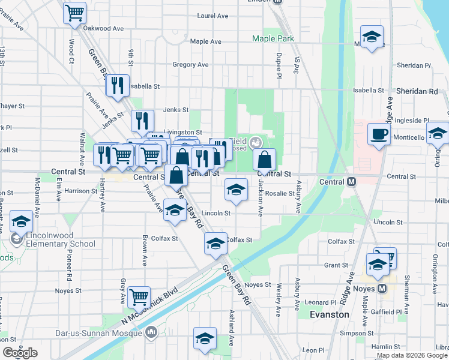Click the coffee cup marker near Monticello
[379, 134]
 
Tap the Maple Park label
[273, 38]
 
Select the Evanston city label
[329, 314]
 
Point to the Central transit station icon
[351, 182]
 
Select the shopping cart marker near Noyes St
[139, 296]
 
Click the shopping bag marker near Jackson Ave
[264, 160]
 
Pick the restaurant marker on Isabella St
[117, 85]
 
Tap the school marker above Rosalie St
[236, 190]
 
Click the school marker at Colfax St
[215, 244]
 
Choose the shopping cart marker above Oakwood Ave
[74, 13]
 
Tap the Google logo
[20, 353]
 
